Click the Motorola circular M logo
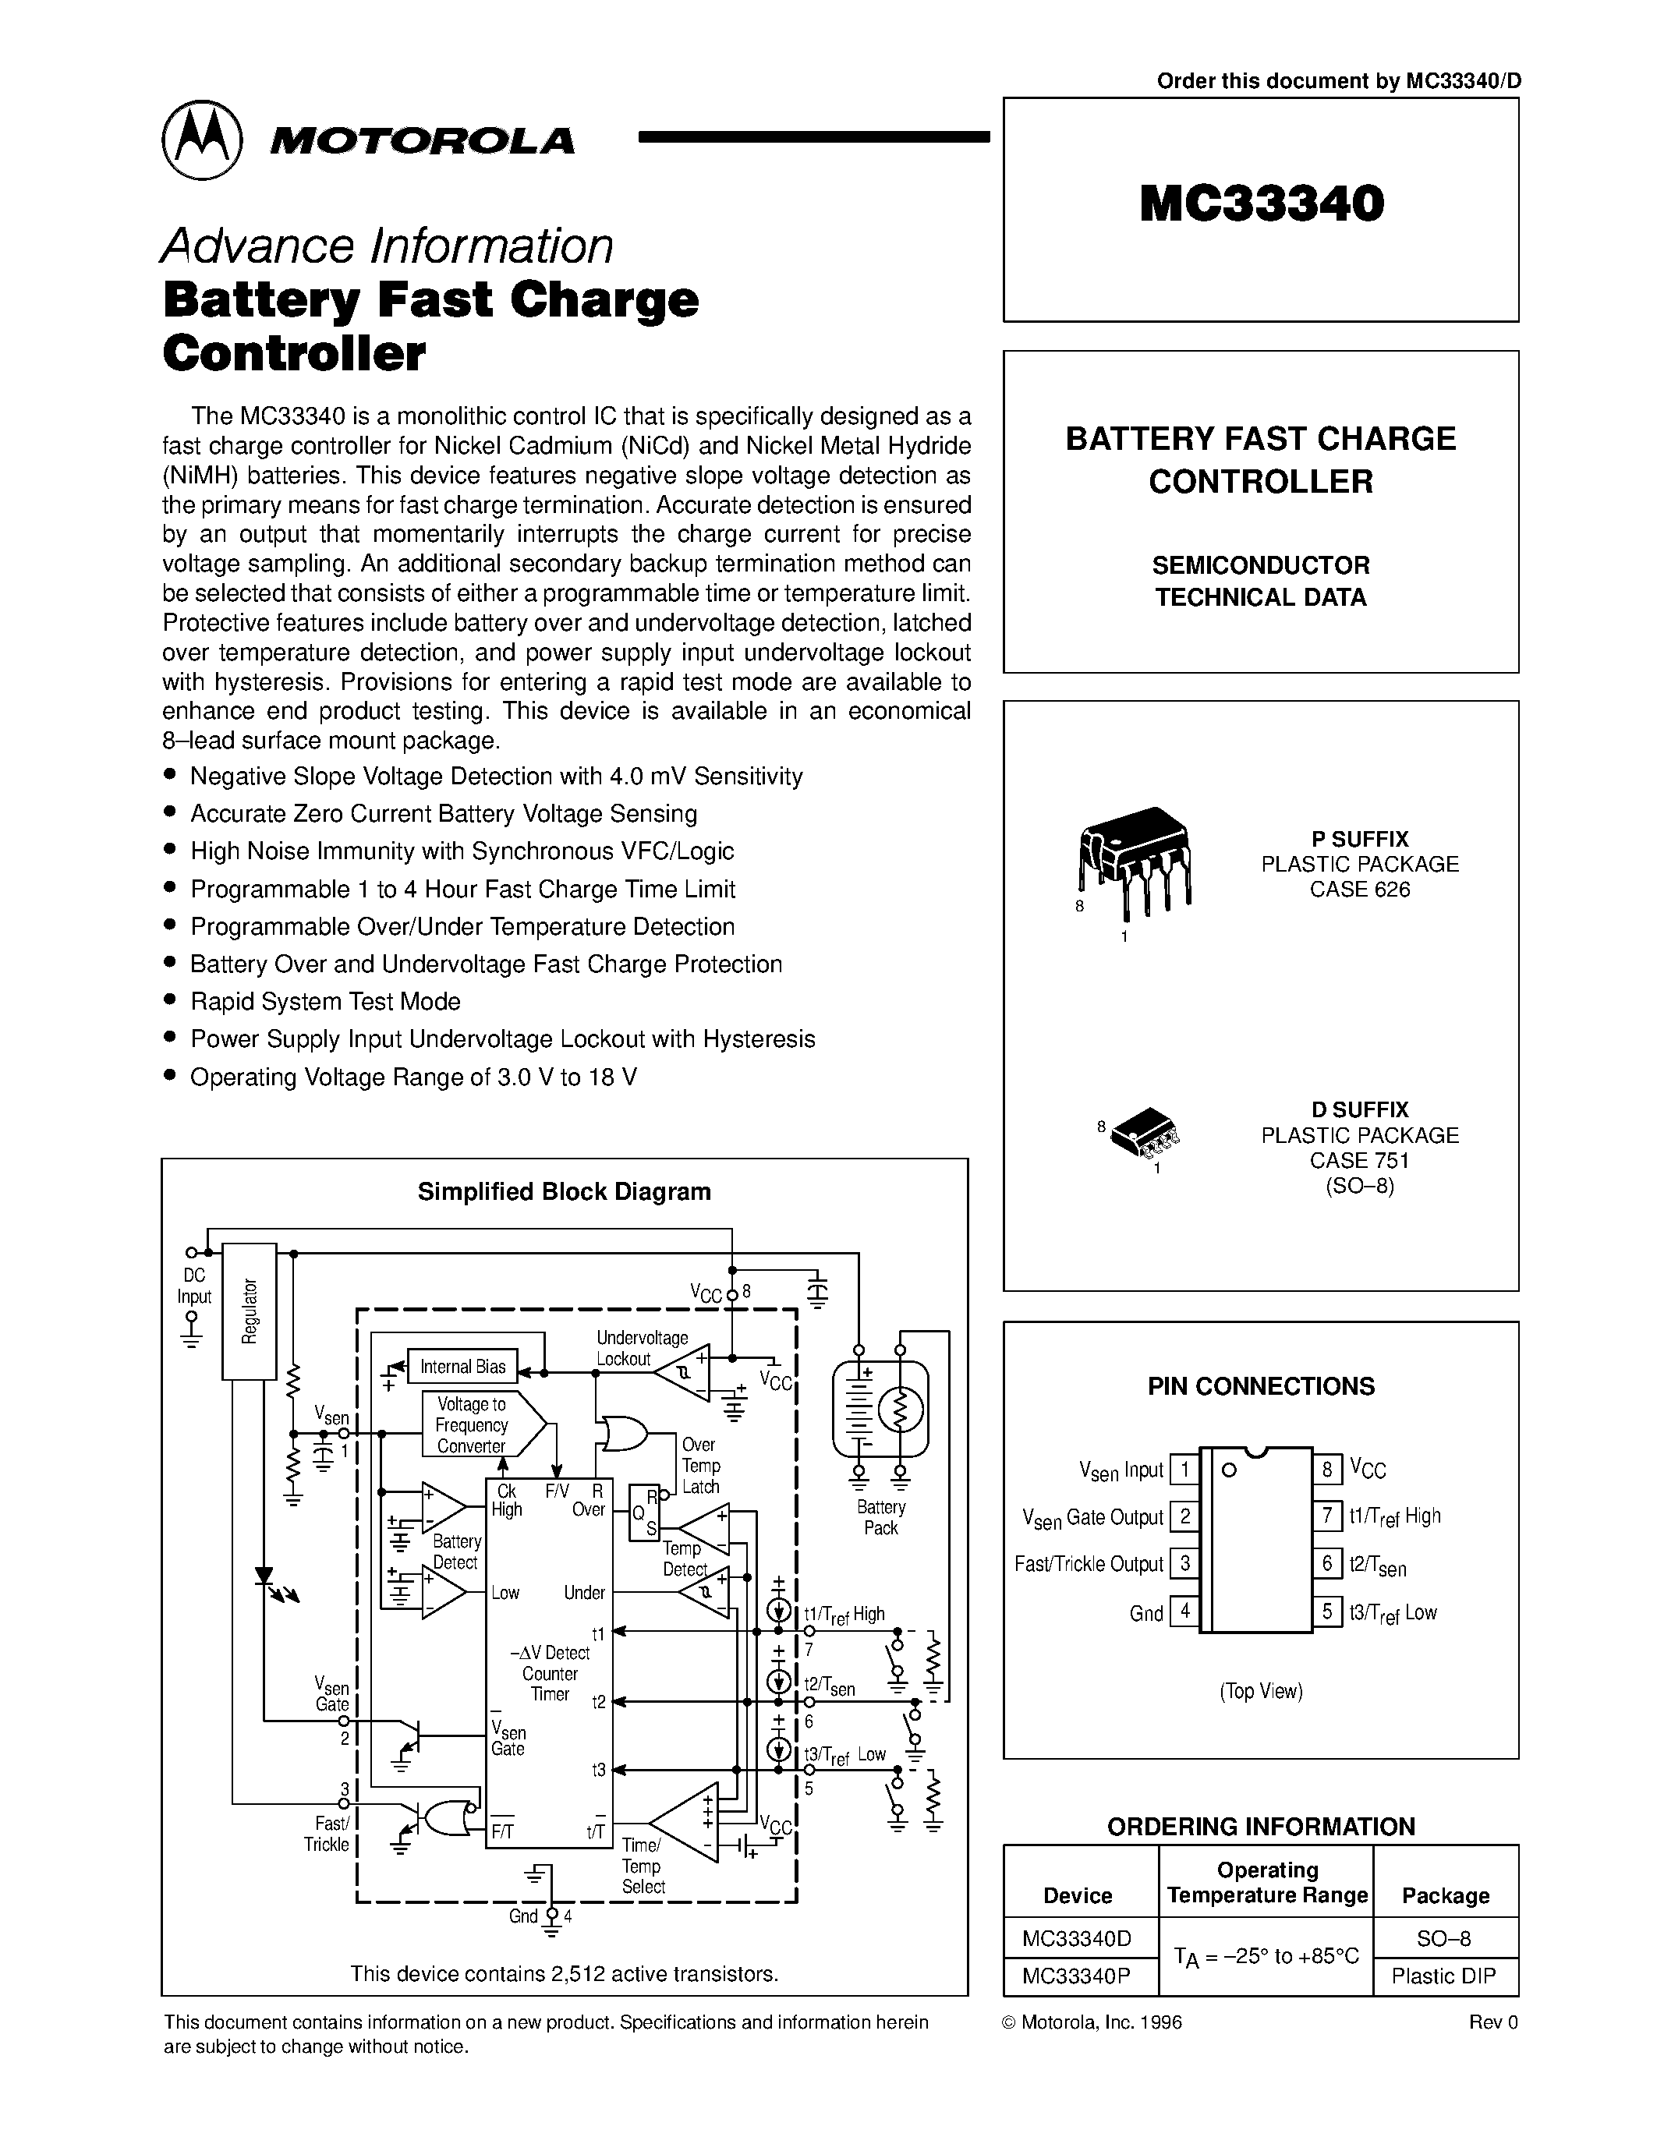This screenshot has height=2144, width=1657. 201,140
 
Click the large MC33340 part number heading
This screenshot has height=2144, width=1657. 1262,204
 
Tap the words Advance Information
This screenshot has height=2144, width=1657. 387,246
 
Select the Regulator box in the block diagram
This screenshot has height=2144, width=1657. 250,1311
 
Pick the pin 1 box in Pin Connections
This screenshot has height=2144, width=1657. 1184,1470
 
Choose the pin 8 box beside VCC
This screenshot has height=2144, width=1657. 1327,1470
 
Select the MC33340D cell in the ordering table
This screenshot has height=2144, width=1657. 1078,1939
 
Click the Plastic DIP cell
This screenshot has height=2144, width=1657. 1444,1976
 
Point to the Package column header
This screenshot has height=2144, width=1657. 1445,1895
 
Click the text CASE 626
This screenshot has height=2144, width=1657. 1360,890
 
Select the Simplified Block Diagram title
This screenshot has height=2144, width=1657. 565,1192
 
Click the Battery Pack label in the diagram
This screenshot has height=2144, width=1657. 880,1516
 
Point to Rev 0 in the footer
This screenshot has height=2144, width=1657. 1492,2022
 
